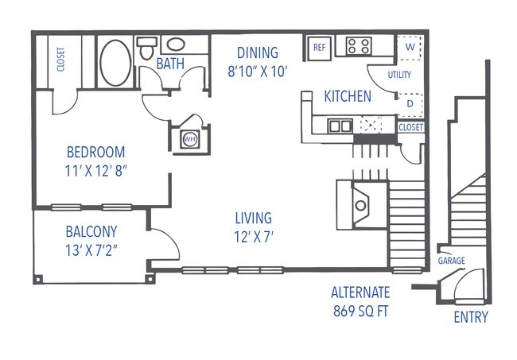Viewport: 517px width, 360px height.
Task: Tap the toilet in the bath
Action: click(x=146, y=50)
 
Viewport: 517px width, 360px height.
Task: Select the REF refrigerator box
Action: click(x=319, y=48)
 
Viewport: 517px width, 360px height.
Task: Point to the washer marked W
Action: click(x=410, y=47)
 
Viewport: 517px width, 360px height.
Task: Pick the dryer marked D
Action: click(x=410, y=103)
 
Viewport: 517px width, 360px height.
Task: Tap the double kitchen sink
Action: click(x=341, y=125)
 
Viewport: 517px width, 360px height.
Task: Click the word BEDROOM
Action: click(x=95, y=152)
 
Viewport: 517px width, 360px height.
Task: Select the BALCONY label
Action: click(x=91, y=232)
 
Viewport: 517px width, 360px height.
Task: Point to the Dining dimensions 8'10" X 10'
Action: click(x=257, y=72)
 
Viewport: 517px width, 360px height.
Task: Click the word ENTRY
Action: click(x=470, y=318)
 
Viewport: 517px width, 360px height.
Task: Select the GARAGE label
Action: click(x=451, y=261)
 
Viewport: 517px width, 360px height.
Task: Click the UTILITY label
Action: click(x=399, y=75)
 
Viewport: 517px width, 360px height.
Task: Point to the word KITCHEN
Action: click(x=347, y=97)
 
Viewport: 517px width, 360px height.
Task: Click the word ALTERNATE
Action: click(x=360, y=292)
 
